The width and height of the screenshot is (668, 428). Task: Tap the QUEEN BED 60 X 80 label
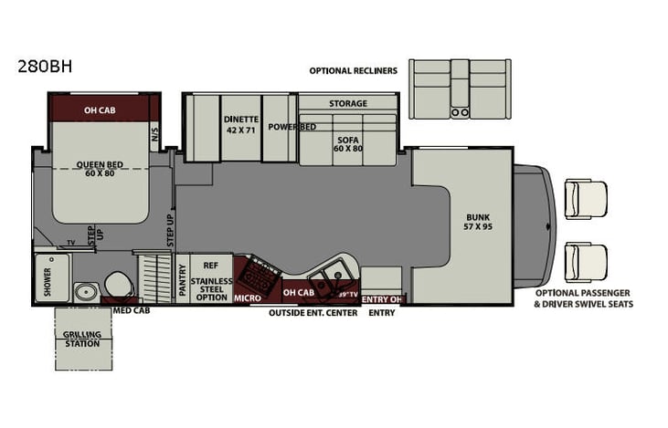(x=100, y=169)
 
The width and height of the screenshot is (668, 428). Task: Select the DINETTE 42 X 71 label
(x=241, y=124)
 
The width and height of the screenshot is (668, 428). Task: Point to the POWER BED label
(x=291, y=127)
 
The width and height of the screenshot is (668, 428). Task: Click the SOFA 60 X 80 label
(x=347, y=141)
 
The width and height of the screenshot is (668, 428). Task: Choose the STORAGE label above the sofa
(x=348, y=103)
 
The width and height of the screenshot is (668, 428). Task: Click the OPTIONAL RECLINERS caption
(x=353, y=70)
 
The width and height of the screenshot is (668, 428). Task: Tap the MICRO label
(x=248, y=298)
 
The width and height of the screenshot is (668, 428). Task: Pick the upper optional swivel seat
(x=585, y=199)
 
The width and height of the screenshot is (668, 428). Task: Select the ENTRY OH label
(x=383, y=298)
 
